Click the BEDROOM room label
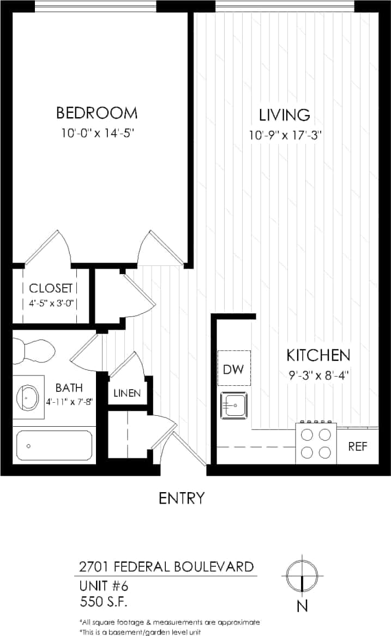tap(97, 113)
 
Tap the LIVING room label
tap(284, 115)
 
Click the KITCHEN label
tap(318, 356)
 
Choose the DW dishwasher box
tap(234, 368)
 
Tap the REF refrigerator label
tap(357, 447)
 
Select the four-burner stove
tap(316, 443)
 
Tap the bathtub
tap(53, 445)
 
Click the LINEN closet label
tap(127, 393)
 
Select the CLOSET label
tap(50, 288)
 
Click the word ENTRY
tap(182, 498)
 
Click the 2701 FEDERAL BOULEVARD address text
tap(166, 566)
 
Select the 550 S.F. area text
tap(105, 602)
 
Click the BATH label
tap(69, 388)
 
